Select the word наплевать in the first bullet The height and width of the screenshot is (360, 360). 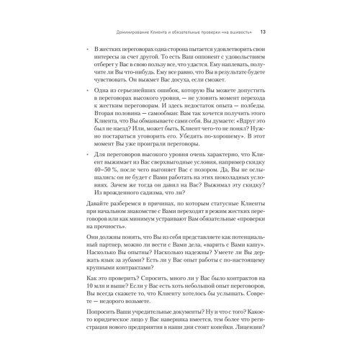click(221, 66)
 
